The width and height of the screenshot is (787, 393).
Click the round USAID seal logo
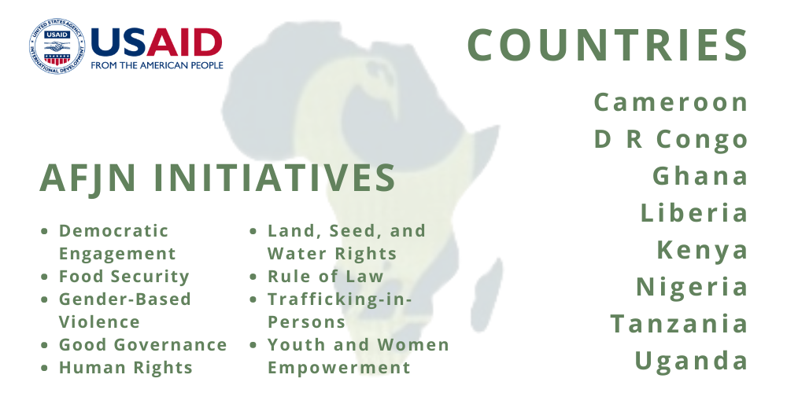pyautogui.click(x=57, y=46)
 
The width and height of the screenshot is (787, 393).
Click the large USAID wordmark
pyautogui.click(x=157, y=42)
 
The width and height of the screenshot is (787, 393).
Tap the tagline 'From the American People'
pyautogui.click(x=157, y=65)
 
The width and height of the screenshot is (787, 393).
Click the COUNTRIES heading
pyautogui.click(x=608, y=45)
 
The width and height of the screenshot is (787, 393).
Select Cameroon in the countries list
pyautogui.click(x=671, y=102)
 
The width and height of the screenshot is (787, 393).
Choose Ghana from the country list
pyautogui.click(x=700, y=176)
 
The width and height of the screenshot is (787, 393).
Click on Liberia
pyautogui.click(x=694, y=212)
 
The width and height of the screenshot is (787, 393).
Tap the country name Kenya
pyautogui.click(x=703, y=251)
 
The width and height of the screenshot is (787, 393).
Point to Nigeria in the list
pyautogui.click(x=692, y=287)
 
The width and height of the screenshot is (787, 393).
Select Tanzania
pyautogui.click(x=679, y=323)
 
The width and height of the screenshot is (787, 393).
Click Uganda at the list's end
pyautogui.click(x=692, y=361)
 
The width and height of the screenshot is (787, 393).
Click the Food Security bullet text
pyautogui.click(x=124, y=277)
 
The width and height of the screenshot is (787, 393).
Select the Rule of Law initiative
pyautogui.click(x=325, y=276)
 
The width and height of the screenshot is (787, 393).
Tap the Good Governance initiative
pyautogui.click(x=143, y=345)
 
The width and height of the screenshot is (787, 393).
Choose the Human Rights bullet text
pyautogui.click(x=125, y=368)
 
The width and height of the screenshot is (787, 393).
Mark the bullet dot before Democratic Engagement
pyautogui.click(x=45, y=231)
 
